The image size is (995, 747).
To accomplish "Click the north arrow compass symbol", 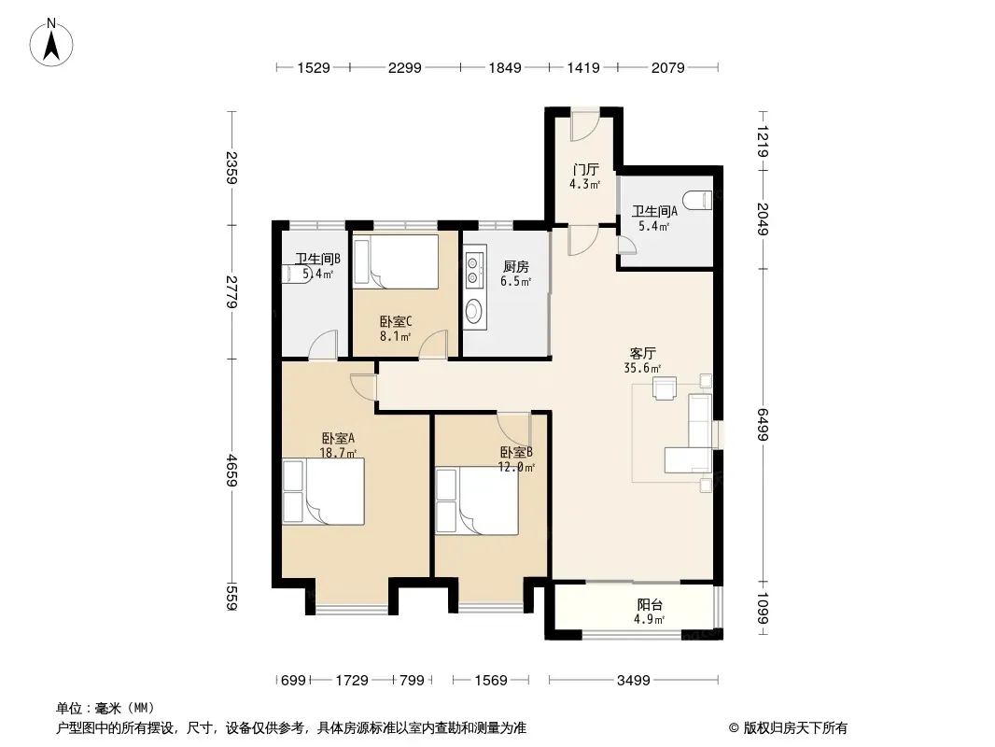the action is point(51,43).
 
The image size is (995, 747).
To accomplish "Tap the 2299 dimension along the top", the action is point(405,67).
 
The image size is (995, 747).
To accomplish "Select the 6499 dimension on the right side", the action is point(763,424).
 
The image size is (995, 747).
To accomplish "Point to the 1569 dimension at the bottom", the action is point(491,681).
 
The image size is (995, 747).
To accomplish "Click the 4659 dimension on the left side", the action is point(232,471).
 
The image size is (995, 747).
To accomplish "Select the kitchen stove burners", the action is point(472,270).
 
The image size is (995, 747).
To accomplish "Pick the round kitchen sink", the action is point(472,312).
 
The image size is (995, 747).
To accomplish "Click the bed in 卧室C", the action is point(396,262).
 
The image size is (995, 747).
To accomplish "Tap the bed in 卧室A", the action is point(324,492).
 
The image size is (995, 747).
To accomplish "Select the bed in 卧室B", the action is point(477,501).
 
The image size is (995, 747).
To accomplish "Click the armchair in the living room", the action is point(665,388).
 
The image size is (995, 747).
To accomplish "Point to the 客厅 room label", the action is point(643,353).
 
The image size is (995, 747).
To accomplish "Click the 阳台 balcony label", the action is point(650,605).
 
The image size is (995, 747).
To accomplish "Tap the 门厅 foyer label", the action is point(585,169).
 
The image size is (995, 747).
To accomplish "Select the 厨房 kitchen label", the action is point(515,266).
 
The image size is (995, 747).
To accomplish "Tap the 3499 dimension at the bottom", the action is point(633,681).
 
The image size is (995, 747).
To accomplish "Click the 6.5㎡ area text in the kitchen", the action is point(515,281).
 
